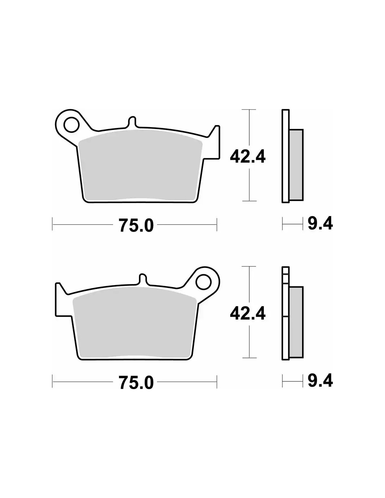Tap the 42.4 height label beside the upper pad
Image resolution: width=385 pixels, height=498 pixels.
click(247, 157)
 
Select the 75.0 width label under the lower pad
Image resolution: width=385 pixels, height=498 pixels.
click(136, 382)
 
